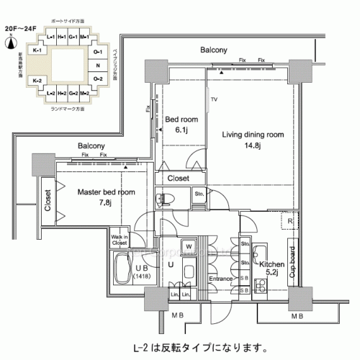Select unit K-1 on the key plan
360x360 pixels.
pyautogui.click(x=38, y=51)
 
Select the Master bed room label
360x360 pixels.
pyautogui.click(x=106, y=192)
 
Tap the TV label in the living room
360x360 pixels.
pyautogui.click(x=214, y=99)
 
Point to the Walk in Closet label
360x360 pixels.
pyautogui.click(x=120, y=240)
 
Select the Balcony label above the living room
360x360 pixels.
pyautogui.click(x=214, y=50)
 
